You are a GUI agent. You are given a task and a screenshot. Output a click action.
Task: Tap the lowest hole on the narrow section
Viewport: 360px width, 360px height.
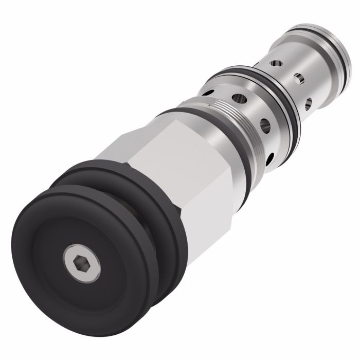tap(308, 103)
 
